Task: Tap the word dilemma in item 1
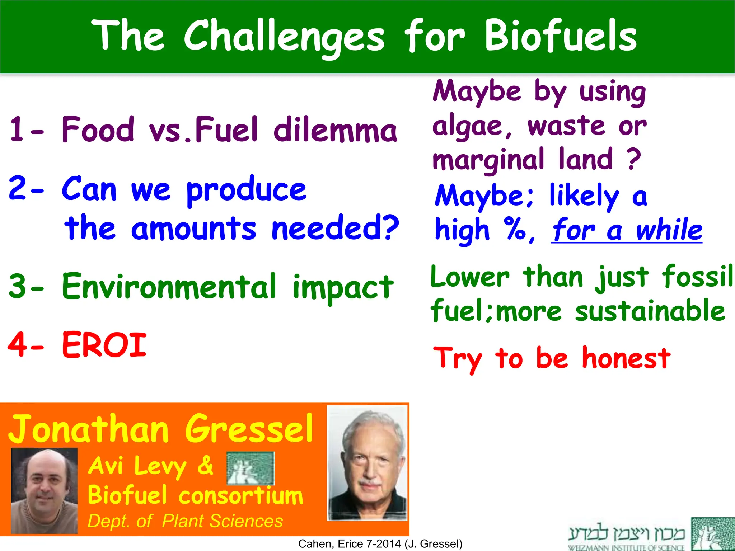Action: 335,130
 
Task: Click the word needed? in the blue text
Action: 335,228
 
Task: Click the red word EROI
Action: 104,345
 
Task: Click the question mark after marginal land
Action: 634,160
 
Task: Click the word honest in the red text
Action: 626,358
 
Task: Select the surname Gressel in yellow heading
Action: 249,429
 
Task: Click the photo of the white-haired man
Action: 367,463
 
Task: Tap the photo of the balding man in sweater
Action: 45,491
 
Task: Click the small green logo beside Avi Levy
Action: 251,468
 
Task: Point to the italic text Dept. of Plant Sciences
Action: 185,521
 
